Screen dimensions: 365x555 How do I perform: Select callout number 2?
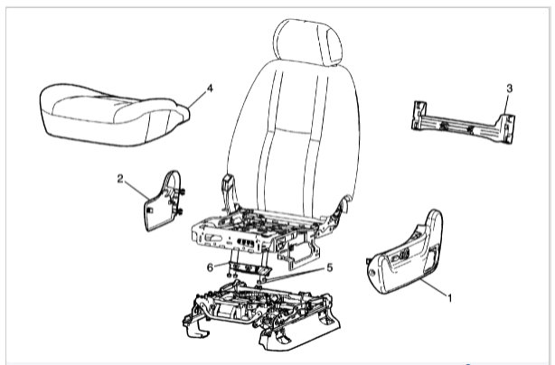pyautogui.click(x=120, y=178)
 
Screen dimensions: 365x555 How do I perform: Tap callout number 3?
pyautogui.click(x=510, y=88)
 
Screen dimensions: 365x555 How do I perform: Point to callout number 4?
pyautogui.click(x=209, y=89)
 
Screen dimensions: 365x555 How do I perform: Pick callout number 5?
pyautogui.click(x=329, y=267)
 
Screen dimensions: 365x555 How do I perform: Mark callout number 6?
pyautogui.click(x=211, y=267)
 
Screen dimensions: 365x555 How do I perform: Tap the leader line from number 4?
pyautogui.click(x=197, y=97)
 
